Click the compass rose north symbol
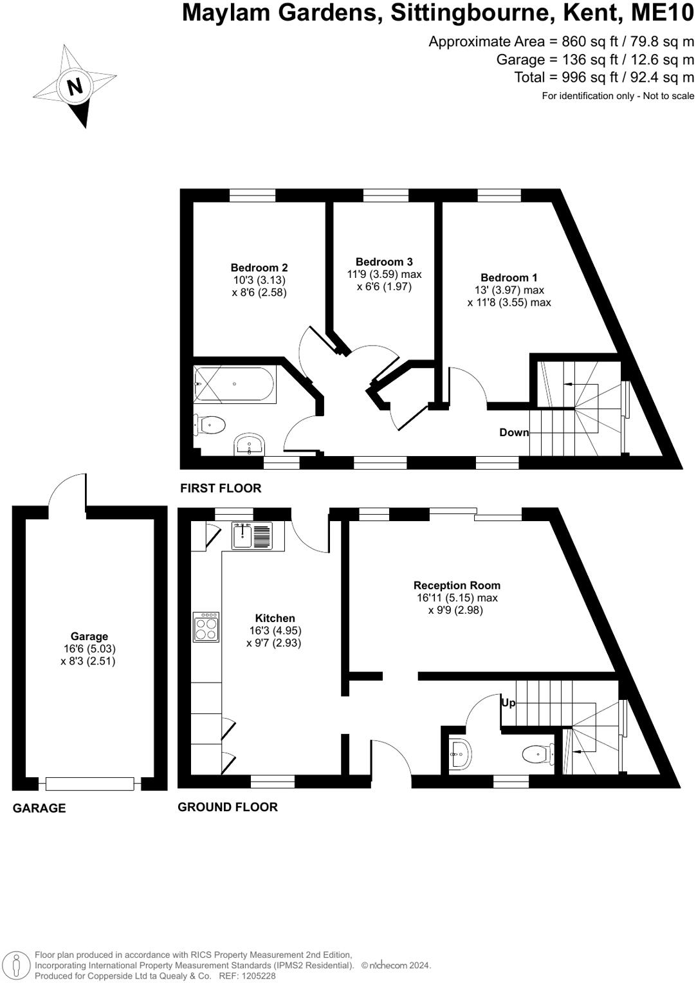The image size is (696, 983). pyautogui.click(x=75, y=86)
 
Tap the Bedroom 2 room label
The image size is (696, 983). pyautogui.click(x=259, y=268)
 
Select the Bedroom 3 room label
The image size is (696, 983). pyautogui.click(x=384, y=262)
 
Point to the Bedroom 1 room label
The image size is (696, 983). pyautogui.click(x=509, y=278)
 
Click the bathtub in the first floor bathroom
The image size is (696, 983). pyautogui.click(x=234, y=385)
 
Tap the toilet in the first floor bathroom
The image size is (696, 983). pyautogui.click(x=210, y=425)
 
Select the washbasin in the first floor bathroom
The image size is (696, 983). pyautogui.click(x=250, y=445)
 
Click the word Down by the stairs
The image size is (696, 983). pyautogui.click(x=513, y=432)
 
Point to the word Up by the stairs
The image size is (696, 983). pyautogui.click(x=508, y=703)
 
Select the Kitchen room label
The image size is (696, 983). pyautogui.click(x=275, y=618)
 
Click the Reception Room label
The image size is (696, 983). pyautogui.click(x=457, y=585)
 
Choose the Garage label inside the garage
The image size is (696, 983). pyautogui.click(x=89, y=637)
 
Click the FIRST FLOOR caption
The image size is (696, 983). pyautogui.click(x=221, y=488)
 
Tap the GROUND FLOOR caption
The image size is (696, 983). pyautogui.click(x=228, y=807)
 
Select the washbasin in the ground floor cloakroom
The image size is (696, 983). pyautogui.click(x=460, y=754)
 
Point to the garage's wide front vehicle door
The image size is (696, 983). pyautogui.click(x=89, y=784)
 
